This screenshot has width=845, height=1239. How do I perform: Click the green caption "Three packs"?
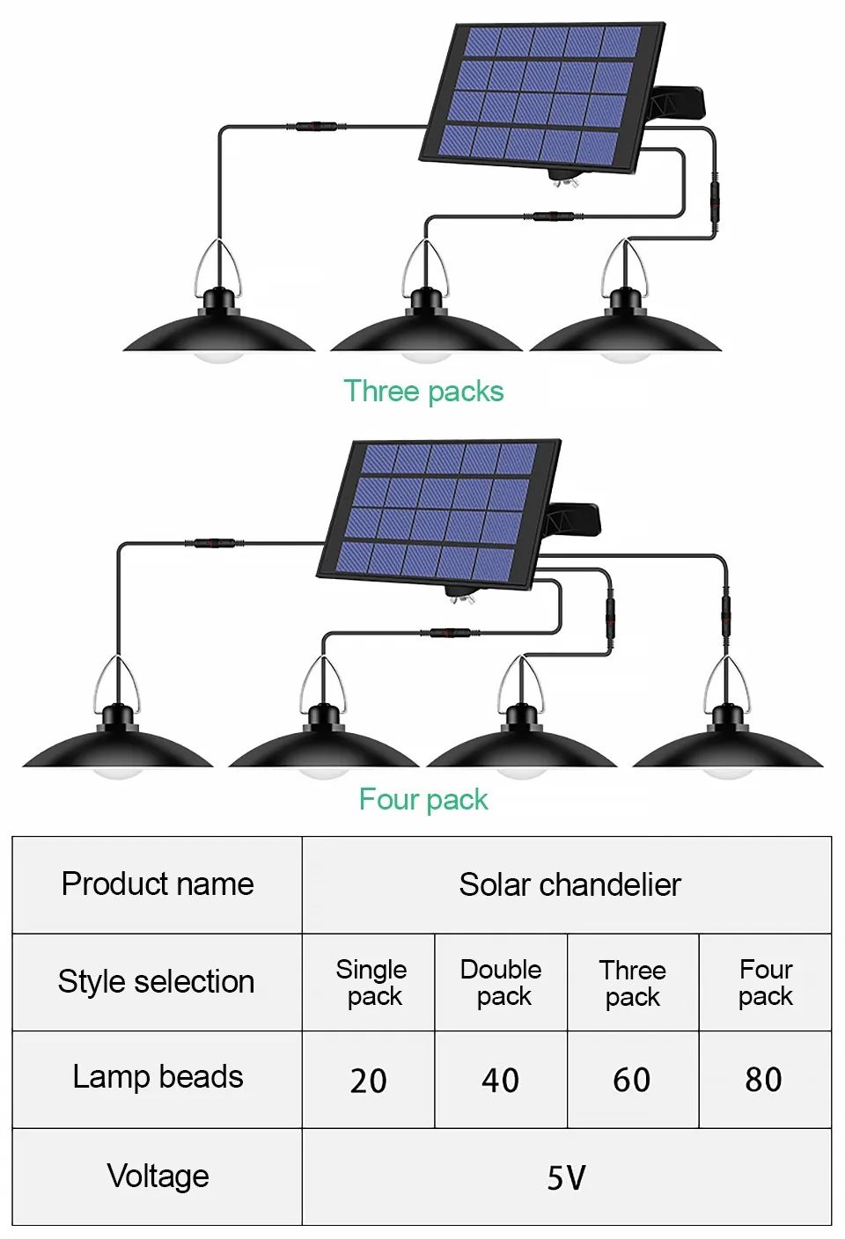click(423, 391)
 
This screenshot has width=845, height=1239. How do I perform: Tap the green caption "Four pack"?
click(423, 799)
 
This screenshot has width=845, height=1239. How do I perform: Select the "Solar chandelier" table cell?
click(569, 884)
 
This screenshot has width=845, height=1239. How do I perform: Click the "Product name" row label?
click(158, 883)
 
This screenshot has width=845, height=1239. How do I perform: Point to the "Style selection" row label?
click(157, 981)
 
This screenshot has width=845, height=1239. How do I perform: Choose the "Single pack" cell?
click(371, 982)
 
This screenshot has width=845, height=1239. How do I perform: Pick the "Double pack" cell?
click(501, 982)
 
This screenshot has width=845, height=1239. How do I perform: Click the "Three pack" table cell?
click(633, 983)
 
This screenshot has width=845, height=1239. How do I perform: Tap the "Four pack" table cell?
click(766, 982)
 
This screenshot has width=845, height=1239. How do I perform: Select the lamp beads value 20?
click(368, 1081)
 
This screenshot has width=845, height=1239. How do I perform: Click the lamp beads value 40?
click(500, 1081)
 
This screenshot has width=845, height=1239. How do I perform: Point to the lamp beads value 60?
click(632, 1081)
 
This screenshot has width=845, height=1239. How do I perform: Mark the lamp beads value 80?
click(763, 1081)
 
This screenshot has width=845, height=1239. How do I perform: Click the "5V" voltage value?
click(566, 1177)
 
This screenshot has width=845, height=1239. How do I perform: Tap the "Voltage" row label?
click(158, 1176)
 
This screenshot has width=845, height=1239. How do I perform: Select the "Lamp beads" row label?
click(158, 1077)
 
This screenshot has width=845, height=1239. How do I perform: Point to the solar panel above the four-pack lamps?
click(437, 510)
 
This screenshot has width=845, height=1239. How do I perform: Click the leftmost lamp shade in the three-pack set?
click(218, 331)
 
